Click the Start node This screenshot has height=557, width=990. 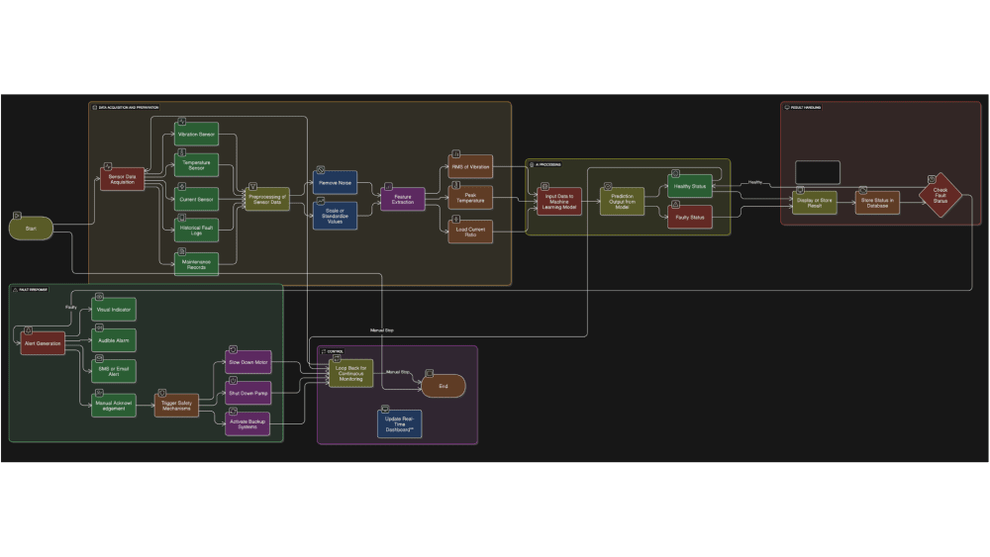(32, 230)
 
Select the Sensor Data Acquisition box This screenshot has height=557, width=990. (123, 180)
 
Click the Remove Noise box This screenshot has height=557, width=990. (336, 182)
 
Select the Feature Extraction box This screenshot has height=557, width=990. (403, 199)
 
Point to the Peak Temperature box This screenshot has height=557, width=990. (470, 199)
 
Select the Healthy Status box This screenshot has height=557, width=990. (689, 186)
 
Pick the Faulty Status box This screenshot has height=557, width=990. (689, 217)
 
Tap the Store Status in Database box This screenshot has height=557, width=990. (878, 202)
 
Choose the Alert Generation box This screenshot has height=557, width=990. (42, 342)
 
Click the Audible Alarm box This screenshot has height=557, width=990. (114, 340)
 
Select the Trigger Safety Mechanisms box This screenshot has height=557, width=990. (175, 405)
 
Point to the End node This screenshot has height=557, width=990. (443, 387)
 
